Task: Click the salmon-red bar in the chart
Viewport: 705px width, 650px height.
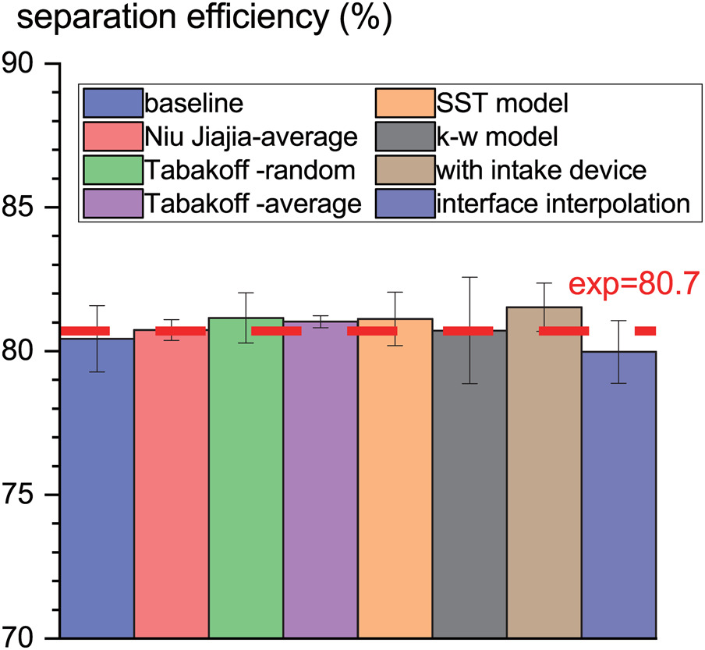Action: pyautogui.click(x=171, y=484)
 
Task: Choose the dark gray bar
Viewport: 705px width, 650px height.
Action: pyautogui.click(x=469, y=484)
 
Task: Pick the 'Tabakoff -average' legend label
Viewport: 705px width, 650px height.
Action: pyautogui.click(x=251, y=204)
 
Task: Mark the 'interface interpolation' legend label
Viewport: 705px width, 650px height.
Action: pyautogui.click(x=563, y=204)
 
